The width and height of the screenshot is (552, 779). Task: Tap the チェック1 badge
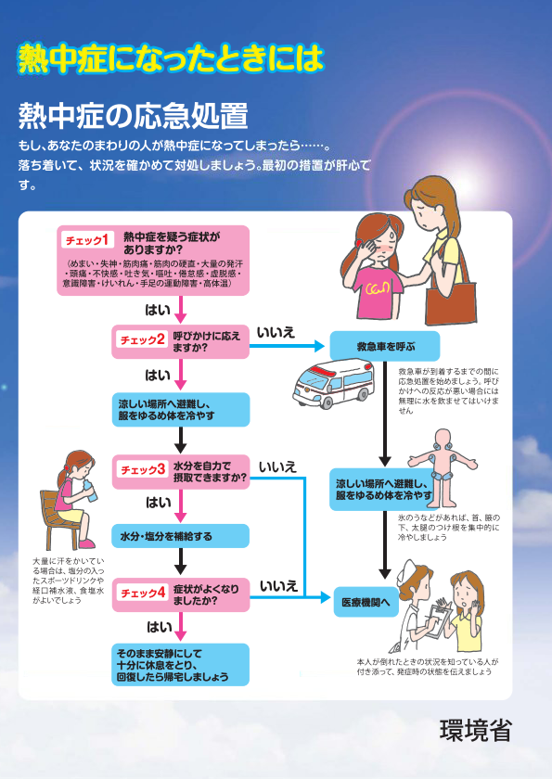click(89, 240)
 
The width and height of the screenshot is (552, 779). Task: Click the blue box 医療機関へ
click(366, 601)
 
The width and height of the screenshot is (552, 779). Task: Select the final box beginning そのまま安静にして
click(181, 664)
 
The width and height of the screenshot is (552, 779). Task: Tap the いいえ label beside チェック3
click(277, 466)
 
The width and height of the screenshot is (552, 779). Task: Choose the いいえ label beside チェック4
click(277, 586)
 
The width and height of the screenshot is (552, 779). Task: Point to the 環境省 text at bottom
click(475, 730)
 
